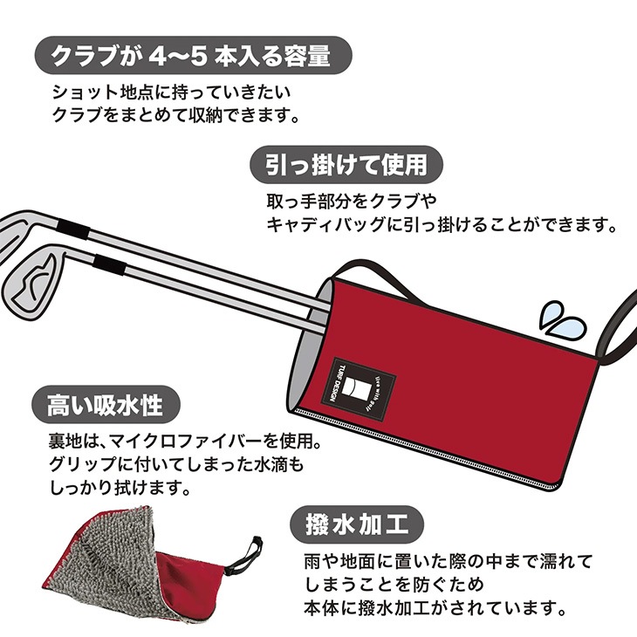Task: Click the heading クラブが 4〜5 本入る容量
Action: [x=191, y=56]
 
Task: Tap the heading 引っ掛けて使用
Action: [x=346, y=165]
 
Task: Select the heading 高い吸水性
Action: [x=106, y=405]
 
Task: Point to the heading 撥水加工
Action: [x=356, y=524]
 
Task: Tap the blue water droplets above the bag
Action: [x=562, y=319]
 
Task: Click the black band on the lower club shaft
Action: [x=108, y=264]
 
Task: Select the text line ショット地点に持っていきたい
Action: [x=172, y=92]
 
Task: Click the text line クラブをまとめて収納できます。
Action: [x=175, y=116]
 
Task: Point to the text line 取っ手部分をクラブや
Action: [x=352, y=201]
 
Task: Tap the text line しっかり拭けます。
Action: [x=120, y=487]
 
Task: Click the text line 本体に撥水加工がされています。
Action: [x=435, y=607]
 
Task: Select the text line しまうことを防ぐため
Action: [x=394, y=585]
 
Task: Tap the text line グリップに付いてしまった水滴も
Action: [x=176, y=464]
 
